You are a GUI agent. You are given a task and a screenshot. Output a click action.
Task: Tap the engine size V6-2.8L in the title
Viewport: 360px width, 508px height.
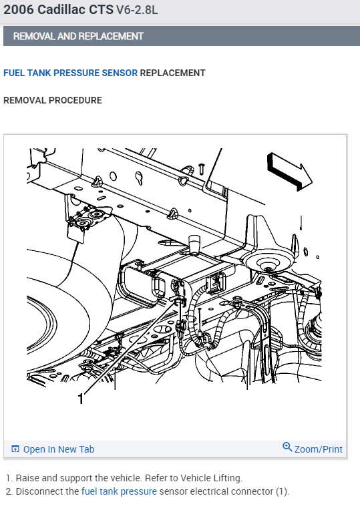click(x=137, y=10)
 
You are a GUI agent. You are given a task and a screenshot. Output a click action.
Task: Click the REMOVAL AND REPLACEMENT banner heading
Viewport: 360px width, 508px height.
click(x=78, y=36)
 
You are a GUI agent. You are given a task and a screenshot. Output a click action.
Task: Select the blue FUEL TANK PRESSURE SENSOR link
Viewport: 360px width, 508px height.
click(x=70, y=73)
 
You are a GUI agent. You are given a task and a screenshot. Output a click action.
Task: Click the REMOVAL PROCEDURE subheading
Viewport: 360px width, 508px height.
click(x=53, y=100)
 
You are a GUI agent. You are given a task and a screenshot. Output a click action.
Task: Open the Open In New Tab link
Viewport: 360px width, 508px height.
click(x=59, y=449)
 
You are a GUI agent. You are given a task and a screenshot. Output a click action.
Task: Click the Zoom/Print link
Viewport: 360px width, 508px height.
click(x=318, y=449)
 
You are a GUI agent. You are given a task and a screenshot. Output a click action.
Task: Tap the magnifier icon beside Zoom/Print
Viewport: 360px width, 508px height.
click(x=287, y=447)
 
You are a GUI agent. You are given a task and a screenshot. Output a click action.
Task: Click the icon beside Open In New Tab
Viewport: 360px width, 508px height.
click(x=15, y=449)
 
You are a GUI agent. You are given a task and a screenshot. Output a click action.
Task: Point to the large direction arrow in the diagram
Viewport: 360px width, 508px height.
click(x=290, y=172)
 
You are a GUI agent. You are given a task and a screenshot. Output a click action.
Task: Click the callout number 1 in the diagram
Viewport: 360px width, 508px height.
click(x=81, y=399)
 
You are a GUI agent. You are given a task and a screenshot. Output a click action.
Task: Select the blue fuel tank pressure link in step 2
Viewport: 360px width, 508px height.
click(x=119, y=491)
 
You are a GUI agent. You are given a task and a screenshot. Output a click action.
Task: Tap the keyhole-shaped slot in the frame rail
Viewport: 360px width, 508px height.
click(x=139, y=178)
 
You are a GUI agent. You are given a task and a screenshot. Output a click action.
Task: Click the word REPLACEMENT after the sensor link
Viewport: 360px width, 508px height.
click(x=172, y=73)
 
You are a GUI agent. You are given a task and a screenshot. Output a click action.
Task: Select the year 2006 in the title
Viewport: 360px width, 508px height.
click(x=18, y=9)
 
